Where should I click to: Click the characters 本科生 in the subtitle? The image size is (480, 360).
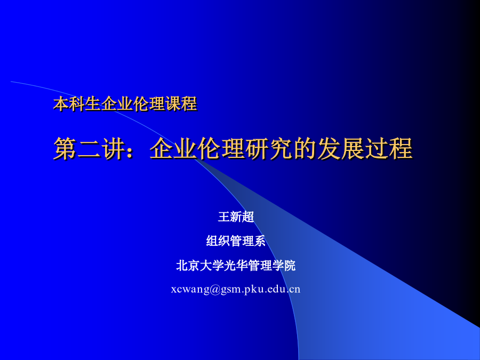point(77,103)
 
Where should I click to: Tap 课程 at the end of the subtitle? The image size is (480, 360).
point(181,103)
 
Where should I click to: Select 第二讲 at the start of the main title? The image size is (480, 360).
point(89,148)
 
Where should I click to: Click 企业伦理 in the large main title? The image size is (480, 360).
point(197,148)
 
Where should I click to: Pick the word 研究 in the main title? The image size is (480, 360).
point(268,148)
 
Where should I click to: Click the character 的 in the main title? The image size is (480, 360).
point(305,148)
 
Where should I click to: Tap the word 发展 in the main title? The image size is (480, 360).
point(340,148)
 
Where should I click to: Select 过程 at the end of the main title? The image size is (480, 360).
point(388,148)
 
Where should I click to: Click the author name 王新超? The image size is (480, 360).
point(236,217)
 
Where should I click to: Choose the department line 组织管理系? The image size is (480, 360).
point(236,241)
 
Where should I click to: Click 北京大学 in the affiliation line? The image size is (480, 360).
point(200,265)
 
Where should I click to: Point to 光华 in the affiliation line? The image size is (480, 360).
point(236,265)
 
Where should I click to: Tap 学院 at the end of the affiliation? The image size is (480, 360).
point(284,265)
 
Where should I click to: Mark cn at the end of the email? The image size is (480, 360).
point(295,290)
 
